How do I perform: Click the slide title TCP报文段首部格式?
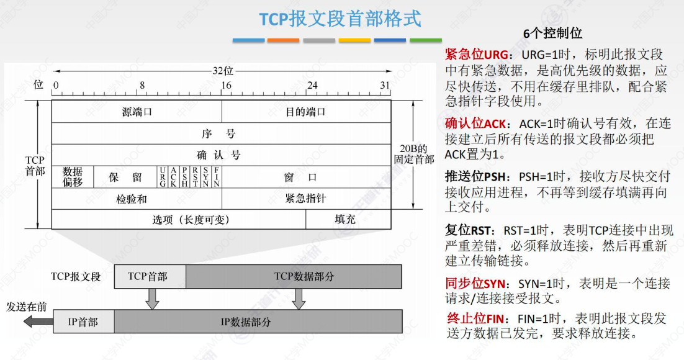click(340, 19)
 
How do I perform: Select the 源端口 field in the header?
click(137, 112)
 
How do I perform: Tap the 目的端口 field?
click(305, 112)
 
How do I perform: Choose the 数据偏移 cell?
click(73, 176)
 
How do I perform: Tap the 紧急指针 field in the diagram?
click(305, 199)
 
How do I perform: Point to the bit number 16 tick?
click(227, 86)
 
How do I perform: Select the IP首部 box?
click(83, 322)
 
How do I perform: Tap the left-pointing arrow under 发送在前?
click(37, 321)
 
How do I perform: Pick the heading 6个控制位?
click(553, 33)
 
